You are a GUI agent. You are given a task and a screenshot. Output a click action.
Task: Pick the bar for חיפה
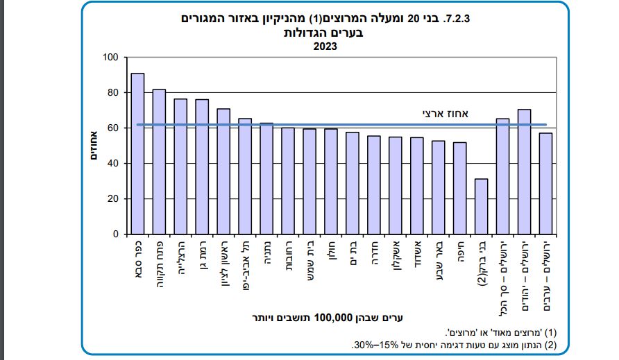click(x=460, y=188)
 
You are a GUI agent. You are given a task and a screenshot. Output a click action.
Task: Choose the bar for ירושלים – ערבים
click(x=546, y=184)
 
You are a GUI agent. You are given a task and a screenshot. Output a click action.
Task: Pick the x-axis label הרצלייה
click(x=180, y=259)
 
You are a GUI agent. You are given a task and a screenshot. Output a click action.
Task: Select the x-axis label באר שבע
click(x=439, y=258)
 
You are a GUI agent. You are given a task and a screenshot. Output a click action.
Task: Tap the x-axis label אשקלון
click(x=396, y=258)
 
